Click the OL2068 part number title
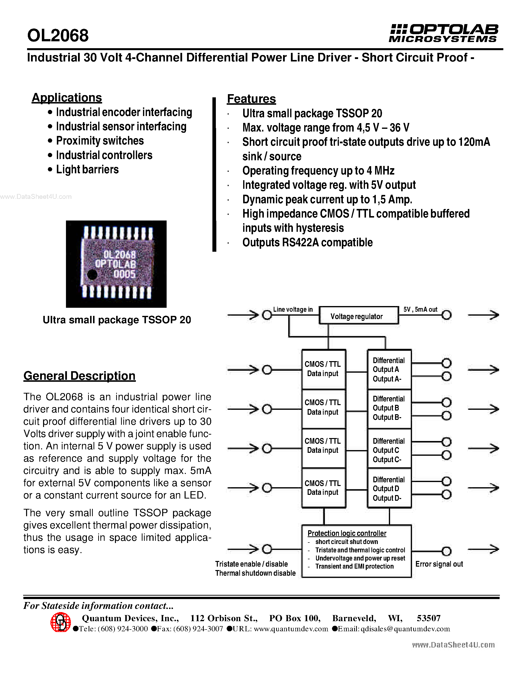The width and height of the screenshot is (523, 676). pyautogui.click(x=58, y=35)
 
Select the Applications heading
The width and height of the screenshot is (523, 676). pyautogui.click(x=67, y=98)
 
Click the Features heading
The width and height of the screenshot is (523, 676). pyautogui.click(x=251, y=99)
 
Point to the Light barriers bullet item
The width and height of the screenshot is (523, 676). pyautogui.click(x=87, y=170)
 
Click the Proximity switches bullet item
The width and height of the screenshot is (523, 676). pyautogui.click(x=100, y=141)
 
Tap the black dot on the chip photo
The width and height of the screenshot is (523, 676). pyautogui.click(x=92, y=274)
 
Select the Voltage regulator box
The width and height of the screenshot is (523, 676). pyautogui.click(x=359, y=316)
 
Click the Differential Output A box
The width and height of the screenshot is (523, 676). pyautogui.click(x=389, y=369)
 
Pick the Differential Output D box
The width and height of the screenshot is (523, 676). pyautogui.click(x=389, y=488)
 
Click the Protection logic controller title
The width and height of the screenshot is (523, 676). pyautogui.click(x=347, y=533)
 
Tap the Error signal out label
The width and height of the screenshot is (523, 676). pyautogui.click(x=439, y=564)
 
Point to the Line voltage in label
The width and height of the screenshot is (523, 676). pyautogui.click(x=293, y=309)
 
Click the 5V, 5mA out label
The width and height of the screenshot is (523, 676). pyautogui.click(x=420, y=309)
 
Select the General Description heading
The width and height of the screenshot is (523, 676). pyautogui.click(x=79, y=376)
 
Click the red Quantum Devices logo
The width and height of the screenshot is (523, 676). pyautogui.click(x=60, y=622)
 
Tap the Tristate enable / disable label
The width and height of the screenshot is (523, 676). pyautogui.click(x=251, y=564)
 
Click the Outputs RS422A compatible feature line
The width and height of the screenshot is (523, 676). pyautogui.click(x=307, y=243)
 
